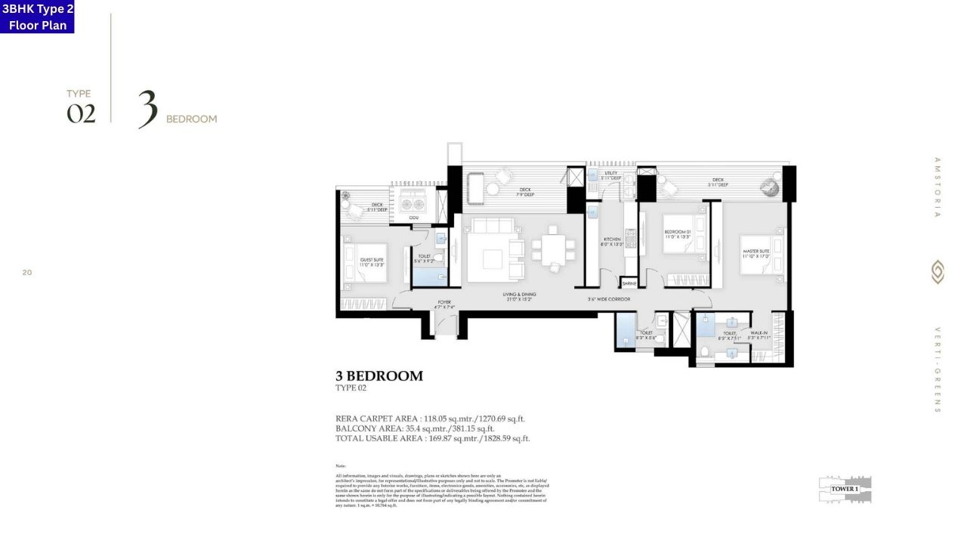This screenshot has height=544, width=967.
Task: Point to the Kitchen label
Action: tap(611, 242)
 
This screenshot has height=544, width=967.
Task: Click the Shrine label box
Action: tap(629, 283)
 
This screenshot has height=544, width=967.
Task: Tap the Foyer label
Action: tap(444, 304)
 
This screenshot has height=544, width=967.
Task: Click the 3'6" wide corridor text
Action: tap(609, 299)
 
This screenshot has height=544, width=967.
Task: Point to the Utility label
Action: tap(611, 175)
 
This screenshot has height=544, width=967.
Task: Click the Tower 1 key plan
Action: tap(845, 489)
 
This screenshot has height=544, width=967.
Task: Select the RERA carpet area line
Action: tap(430, 418)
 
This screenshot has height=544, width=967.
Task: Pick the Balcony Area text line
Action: tap(415, 428)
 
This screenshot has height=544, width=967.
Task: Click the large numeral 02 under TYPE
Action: tap(81, 113)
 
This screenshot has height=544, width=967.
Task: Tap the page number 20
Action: tap(27, 272)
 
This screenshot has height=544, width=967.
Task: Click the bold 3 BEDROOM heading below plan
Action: tap(378, 376)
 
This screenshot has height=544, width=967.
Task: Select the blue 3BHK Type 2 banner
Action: tap(37, 17)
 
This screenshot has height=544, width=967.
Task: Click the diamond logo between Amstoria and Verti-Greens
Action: tap(938, 272)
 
